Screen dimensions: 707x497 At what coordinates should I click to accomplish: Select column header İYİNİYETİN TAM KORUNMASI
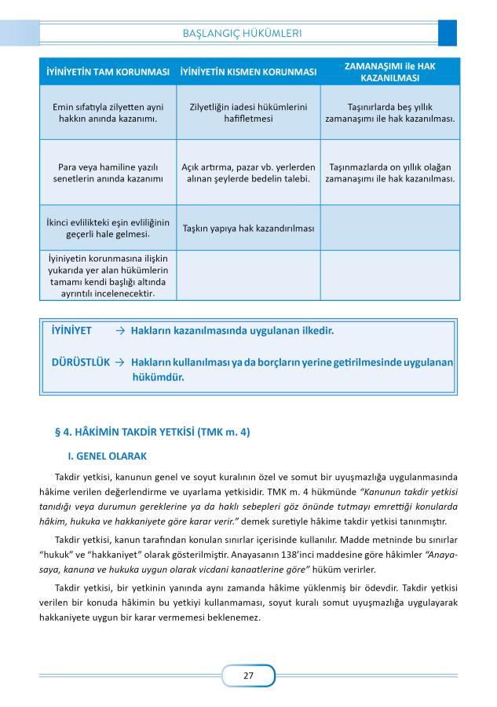point(108,71)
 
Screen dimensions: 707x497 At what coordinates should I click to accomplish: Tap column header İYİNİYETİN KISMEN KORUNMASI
point(248,71)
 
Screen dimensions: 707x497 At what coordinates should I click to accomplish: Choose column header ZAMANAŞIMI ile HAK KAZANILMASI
point(390,71)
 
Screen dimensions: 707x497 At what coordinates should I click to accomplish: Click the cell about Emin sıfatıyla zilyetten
point(108,112)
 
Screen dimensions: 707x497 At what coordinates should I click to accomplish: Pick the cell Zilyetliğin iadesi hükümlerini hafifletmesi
point(248,112)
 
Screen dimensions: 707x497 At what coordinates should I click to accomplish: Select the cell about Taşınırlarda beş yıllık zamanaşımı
point(390,112)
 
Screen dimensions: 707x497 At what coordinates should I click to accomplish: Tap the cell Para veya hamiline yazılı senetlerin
point(108,173)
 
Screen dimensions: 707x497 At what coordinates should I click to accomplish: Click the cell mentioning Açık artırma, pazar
point(248,173)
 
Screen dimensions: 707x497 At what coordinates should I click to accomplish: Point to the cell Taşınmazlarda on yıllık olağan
point(390,173)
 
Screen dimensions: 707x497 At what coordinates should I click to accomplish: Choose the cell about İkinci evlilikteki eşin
point(108,228)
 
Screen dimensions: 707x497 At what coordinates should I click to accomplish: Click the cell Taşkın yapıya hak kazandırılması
point(248,229)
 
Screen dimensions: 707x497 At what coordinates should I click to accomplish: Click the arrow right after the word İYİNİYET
point(120,331)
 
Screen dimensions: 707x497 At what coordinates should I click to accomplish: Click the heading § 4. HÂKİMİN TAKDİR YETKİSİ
point(152,431)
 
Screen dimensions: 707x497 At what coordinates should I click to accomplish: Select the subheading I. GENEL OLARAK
point(108,456)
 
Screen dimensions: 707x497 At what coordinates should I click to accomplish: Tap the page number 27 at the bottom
point(248,675)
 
